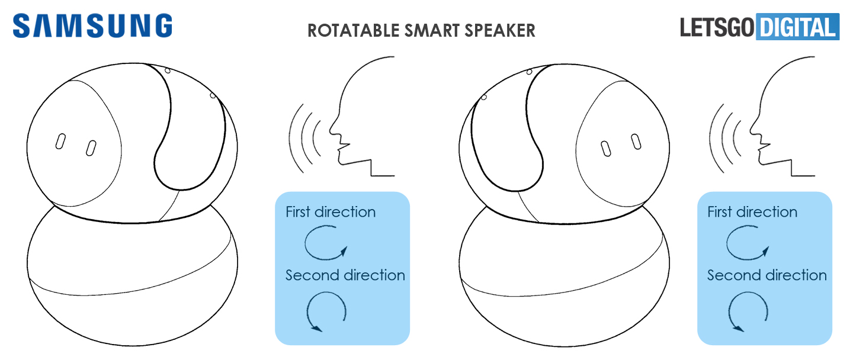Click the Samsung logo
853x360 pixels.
tap(92, 26)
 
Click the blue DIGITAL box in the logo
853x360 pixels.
tap(798, 27)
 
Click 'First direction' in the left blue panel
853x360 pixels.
tap(331, 212)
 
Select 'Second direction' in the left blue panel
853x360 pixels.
tap(345, 275)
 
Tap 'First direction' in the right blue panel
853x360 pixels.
tap(752, 212)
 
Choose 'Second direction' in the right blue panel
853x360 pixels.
tap(767, 275)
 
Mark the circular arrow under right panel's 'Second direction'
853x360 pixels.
tap(748, 311)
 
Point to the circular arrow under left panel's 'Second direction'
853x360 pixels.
tap(326, 311)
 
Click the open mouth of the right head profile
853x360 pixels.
tap(760, 149)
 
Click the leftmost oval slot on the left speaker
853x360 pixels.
tap(60, 142)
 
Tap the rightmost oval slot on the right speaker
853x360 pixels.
tap(636, 142)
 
